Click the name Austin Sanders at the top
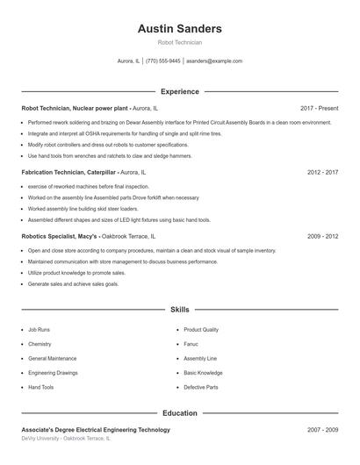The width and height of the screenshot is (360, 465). coord(179,29)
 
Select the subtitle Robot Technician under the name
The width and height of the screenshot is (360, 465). coord(179,42)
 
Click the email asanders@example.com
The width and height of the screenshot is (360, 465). coord(213,61)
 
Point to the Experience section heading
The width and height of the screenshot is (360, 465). coord(179,91)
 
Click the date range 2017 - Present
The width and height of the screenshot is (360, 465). coord(319,108)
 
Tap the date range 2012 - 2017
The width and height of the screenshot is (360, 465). coord(322,173)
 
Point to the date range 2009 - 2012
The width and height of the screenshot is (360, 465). coord(322,237)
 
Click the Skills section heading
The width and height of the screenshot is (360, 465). coord(179,310)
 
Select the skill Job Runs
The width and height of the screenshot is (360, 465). coord(40,330)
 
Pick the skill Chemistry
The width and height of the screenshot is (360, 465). coord(40,345)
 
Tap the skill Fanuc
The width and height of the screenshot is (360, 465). coord(192,345)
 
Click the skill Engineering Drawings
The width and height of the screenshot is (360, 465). coord(53,373)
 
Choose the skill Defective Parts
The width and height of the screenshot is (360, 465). coord(201,387)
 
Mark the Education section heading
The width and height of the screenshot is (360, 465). coord(179,412)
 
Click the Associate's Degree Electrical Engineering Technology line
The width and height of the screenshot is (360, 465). coord(96,430)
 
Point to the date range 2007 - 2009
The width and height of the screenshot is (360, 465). coord(322,430)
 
